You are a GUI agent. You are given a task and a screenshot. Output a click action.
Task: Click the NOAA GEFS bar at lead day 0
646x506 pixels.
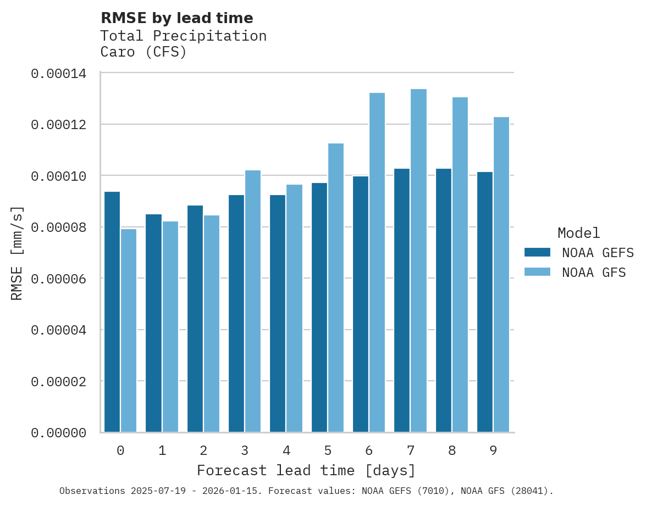point(112,312)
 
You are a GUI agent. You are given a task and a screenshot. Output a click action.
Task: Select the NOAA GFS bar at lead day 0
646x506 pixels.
point(129,330)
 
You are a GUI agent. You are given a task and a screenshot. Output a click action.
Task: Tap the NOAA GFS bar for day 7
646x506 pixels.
point(419,260)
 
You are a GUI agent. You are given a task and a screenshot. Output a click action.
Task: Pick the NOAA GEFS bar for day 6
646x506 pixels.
point(361,304)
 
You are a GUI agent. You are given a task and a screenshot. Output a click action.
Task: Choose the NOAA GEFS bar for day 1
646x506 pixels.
point(154,323)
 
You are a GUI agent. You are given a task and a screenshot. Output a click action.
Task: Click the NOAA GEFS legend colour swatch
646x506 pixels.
point(537,252)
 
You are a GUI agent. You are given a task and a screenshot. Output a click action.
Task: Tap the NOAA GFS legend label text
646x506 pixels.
point(594,273)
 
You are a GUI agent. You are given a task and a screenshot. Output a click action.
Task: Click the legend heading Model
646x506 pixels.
point(578,233)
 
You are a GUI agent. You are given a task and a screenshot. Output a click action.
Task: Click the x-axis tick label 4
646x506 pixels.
point(286,451)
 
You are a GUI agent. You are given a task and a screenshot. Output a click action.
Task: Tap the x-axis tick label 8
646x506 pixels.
point(452,451)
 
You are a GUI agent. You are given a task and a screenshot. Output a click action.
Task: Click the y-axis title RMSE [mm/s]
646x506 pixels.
point(17,253)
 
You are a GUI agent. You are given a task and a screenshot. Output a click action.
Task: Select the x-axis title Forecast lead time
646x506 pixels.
point(306,471)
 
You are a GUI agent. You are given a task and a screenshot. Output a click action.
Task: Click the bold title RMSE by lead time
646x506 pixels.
point(177,18)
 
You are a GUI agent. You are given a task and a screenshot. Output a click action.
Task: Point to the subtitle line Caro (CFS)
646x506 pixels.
point(143,52)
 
